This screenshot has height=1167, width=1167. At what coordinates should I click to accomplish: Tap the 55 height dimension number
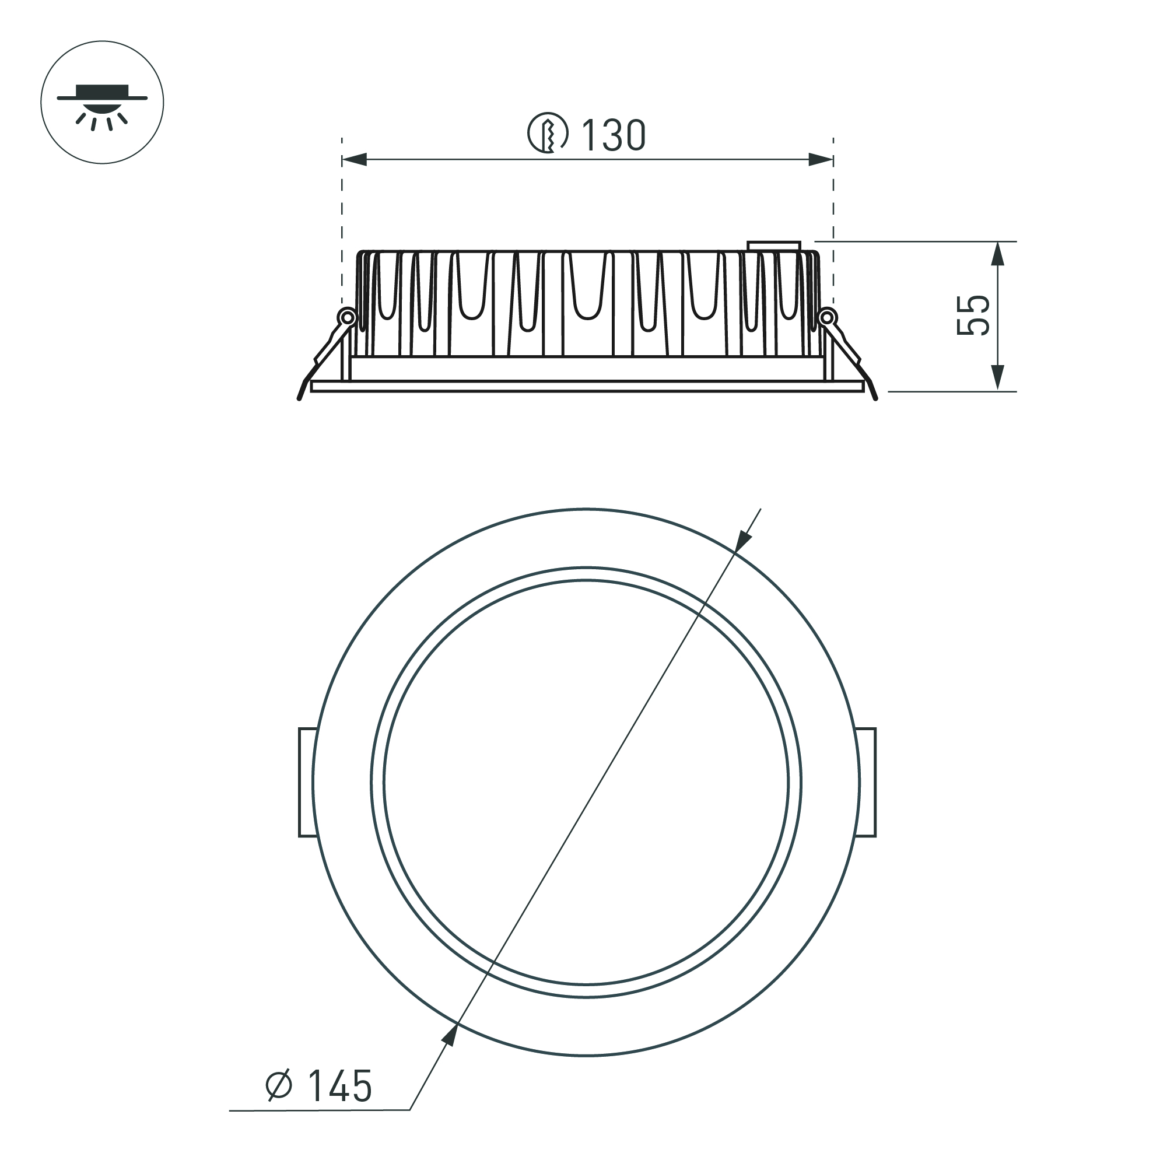tap(973, 316)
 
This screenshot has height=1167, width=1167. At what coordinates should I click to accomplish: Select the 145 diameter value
tap(339, 1086)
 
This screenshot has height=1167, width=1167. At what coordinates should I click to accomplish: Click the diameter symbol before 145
tap(279, 1086)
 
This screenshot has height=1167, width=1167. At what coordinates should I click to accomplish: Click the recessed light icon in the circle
tap(102, 102)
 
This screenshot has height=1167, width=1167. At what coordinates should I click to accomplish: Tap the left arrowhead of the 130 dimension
tap(355, 160)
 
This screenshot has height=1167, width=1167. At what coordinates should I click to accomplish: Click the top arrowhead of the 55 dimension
tap(998, 254)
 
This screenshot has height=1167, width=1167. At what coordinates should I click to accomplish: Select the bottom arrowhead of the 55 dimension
tap(998, 379)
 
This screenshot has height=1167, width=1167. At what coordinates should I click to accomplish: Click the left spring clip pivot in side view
tap(348, 317)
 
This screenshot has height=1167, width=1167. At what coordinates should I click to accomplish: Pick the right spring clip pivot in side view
tap(828, 317)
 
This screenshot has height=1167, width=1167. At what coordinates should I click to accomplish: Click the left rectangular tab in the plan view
tap(306, 782)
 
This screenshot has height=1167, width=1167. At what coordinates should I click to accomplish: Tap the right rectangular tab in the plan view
tap(867, 782)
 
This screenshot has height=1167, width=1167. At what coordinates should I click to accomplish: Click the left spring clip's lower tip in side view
tap(300, 398)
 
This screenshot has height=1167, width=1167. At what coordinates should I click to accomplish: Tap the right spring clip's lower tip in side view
tap(875, 398)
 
